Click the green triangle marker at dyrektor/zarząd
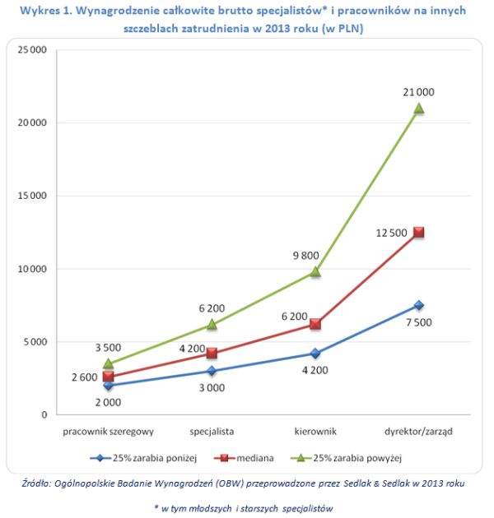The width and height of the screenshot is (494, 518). coord(418,108)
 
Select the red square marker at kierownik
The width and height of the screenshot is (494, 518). coord(315,324)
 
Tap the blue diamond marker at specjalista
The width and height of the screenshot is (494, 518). coord(212,371)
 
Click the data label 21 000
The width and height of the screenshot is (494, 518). coord(418,92)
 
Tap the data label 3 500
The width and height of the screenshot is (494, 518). coord(108,348)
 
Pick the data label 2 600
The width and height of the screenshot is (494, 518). coord(85,377)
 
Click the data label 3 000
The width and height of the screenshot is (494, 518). coord(212,388)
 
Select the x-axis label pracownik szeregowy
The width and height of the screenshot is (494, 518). coord(108,430)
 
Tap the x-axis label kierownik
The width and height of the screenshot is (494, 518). coord(315,430)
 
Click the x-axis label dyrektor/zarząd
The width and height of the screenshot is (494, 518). coord(418,430)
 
